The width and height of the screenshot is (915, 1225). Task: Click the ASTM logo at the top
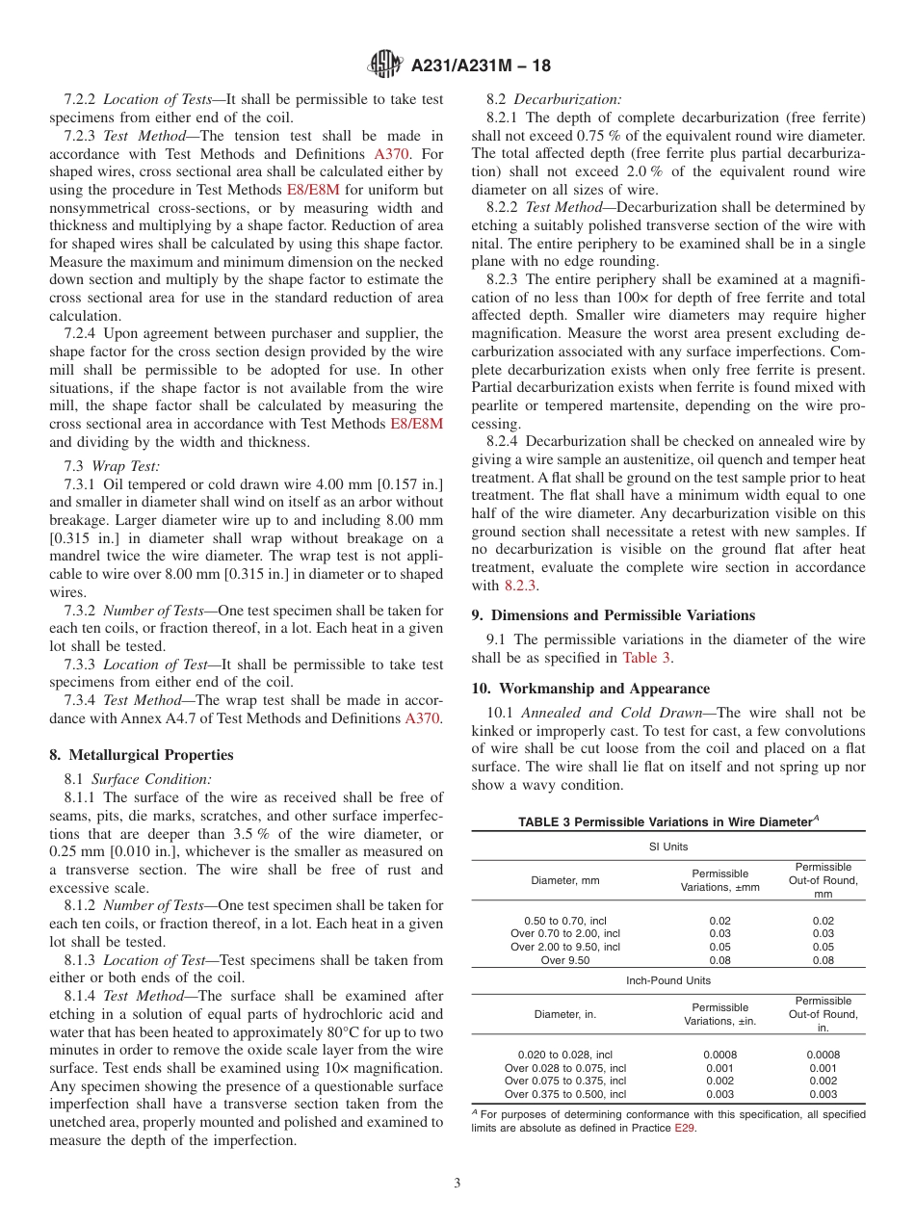[x=385, y=65]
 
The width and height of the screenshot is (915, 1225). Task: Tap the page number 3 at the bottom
[x=457, y=1183]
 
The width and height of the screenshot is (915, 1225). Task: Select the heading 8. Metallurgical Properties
[x=141, y=755]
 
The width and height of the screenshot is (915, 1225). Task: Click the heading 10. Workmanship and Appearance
[x=590, y=689]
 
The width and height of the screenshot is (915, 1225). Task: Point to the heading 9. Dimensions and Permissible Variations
[x=626, y=615]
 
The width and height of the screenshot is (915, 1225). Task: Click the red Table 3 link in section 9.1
[x=647, y=658]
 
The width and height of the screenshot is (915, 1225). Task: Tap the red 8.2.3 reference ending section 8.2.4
[x=521, y=585]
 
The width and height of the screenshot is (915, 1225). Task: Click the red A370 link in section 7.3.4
[x=424, y=718]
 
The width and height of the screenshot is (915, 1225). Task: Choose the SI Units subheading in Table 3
[x=667, y=847]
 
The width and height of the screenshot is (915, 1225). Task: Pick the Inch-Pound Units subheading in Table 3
[x=667, y=980]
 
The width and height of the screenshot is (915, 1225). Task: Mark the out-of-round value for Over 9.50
[x=823, y=960]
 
